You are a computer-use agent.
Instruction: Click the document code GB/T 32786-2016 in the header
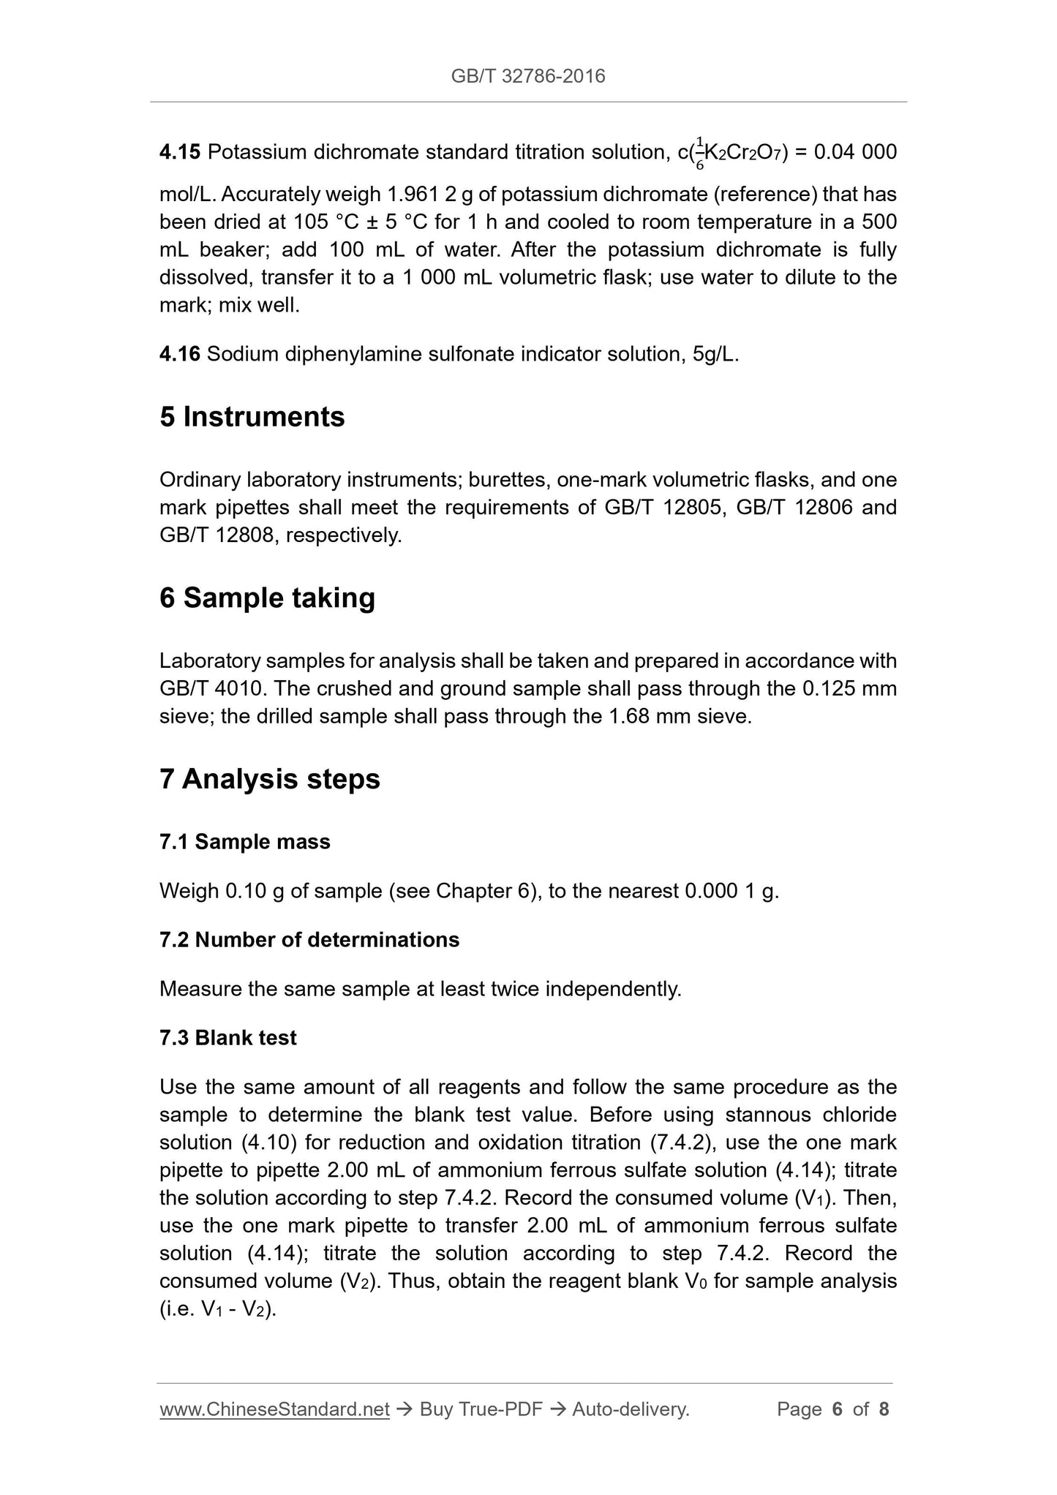(x=528, y=76)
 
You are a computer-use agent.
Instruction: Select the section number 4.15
(x=179, y=152)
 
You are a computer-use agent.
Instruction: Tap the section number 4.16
(x=179, y=355)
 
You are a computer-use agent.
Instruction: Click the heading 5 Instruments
(x=252, y=417)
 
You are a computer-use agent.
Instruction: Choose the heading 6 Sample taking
(x=267, y=598)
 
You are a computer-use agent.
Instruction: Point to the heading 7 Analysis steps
(x=269, y=779)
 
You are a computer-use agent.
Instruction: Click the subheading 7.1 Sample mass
(x=244, y=842)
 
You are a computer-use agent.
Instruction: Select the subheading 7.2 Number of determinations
(x=309, y=940)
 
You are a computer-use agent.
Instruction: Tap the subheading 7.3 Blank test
(x=227, y=1038)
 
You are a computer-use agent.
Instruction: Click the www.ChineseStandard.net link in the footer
(x=274, y=1409)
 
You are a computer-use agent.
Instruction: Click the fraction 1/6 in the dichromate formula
(x=699, y=153)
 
